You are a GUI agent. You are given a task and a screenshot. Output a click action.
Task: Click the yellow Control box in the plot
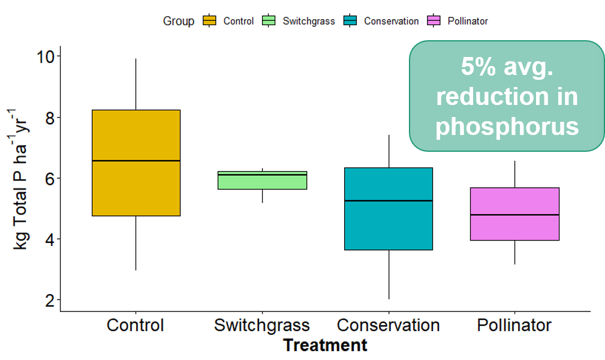pyautogui.click(x=136, y=163)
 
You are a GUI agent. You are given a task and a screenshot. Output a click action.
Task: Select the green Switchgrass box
pyautogui.click(x=263, y=180)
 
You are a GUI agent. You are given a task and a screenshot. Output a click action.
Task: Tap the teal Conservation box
pyautogui.click(x=389, y=209)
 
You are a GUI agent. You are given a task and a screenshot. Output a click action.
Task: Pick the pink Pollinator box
pyautogui.click(x=514, y=214)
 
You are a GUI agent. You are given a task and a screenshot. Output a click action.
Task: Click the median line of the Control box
pyautogui.click(x=136, y=160)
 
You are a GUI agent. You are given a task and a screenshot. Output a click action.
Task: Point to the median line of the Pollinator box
pyautogui.click(x=514, y=215)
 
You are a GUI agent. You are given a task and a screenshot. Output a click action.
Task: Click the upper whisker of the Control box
pyautogui.click(x=136, y=84)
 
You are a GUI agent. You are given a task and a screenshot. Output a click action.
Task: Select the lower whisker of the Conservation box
pyautogui.click(x=389, y=274)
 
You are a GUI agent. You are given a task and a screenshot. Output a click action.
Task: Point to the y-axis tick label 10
pyautogui.click(x=46, y=57)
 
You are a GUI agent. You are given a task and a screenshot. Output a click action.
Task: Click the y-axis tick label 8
pyautogui.click(x=50, y=118)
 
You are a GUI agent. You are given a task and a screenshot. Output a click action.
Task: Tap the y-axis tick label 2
pyautogui.click(x=50, y=300)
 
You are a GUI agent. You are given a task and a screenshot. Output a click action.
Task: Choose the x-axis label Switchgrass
pyautogui.click(x=262, y=325)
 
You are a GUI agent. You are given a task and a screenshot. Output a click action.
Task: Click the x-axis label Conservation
pyautogui.click(x=388, y=325)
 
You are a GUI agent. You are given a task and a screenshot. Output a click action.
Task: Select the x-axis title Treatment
pyautogui.click(x=325, y=345)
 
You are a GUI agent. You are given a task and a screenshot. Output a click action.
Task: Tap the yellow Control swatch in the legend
pyautogui.click(x=209, y=20)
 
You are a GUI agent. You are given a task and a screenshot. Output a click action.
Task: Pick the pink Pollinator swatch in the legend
pyautogui.click(x=434, y=20)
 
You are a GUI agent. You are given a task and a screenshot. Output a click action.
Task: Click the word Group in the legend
pyautogui.click(x=178, y=21)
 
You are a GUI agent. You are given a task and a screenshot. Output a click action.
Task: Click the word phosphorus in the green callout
pyautogui.click(x=507, y=127)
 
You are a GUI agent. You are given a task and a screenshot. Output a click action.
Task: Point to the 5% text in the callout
pyautogui.click(x=478, y=67)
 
